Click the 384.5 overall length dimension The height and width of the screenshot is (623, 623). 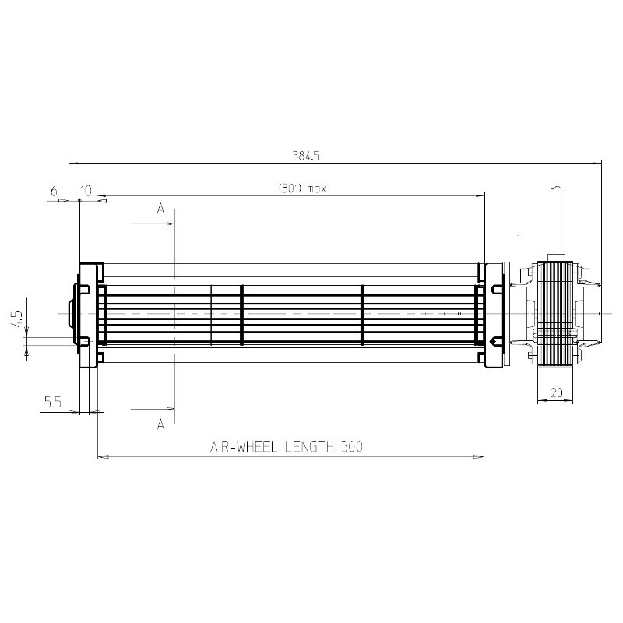click(305, 156)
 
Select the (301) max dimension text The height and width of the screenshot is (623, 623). click(302, 188)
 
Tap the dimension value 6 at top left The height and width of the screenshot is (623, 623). click(54, 191)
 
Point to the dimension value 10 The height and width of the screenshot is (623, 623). click(86, 191)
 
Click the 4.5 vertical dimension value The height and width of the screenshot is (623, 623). click(18, 319)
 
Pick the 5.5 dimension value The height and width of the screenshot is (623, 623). click(53, 403)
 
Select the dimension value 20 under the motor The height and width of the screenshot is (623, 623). click(557, 392)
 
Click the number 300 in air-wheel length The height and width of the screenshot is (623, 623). click(352, 447)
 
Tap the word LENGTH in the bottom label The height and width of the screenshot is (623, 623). click(309, 447)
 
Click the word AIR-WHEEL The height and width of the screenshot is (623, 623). click(243, 447)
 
